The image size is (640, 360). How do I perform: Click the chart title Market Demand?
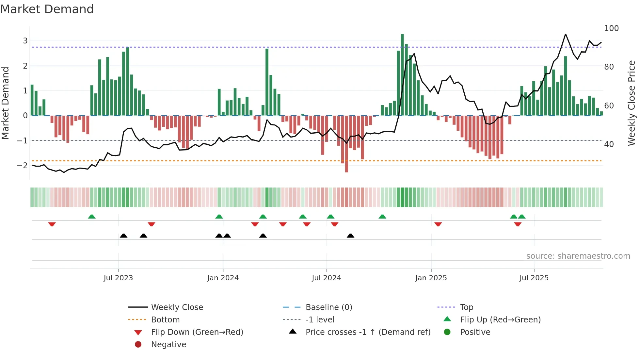(x=47, y=9)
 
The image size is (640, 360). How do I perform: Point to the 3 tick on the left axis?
(x=25, y=41)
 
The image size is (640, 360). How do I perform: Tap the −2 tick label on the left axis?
(x=23, y=166)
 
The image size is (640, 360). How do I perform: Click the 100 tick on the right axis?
(x=611, y=28)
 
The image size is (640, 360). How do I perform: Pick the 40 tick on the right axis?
(x=609, y=144)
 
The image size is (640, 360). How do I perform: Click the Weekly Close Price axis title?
(x=632, y=103)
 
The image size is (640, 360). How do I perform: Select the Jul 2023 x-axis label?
(x=118, y=278)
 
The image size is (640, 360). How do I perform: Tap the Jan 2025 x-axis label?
(x=431, y=278)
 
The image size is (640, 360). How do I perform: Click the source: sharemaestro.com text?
(x=578, y=256)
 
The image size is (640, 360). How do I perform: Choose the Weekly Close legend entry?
(x=177, y=307)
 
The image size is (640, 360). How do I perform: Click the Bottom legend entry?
(x=165, y=320)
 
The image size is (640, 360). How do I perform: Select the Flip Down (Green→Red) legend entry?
(x=197, y=332)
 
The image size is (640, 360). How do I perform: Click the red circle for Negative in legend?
(x=138, y=345)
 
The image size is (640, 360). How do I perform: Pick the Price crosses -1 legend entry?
(x=368, y=332)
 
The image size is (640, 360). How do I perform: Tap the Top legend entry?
(x=467, y=307)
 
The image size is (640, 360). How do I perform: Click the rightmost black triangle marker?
(x=350, y=236)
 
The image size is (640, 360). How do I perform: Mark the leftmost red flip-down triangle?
(x=52, y=224)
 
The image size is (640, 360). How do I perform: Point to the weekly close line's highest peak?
(x=566, y=34)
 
